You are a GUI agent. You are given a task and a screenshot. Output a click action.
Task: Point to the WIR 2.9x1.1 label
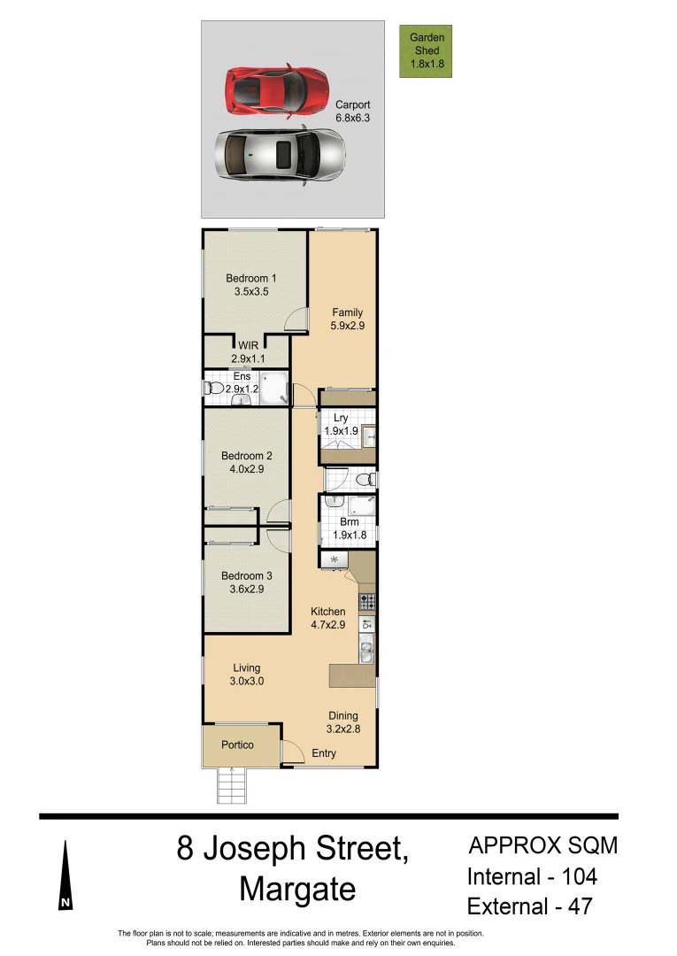pyautogui.click(x=248, y=352)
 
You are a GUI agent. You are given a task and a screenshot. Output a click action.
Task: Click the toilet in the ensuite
pyautogui.click(x=212, y=388)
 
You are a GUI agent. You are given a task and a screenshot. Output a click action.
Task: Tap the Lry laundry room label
pyautogui.click(x=341, y=424)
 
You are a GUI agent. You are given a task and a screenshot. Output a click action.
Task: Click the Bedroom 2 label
pyautogui.click(x=246, y=462)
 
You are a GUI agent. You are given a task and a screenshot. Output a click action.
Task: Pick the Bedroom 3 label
pyautogui.click(x=246, y=582)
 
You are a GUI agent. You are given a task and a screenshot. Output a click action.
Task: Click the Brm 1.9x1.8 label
pyautogui.click(x=348, y=528)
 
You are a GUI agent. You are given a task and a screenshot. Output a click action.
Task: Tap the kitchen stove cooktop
pyautogui.click(x=366, y=603)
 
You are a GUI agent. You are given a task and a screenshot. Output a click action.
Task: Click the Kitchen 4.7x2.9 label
pyautogui.click(x=327, y=618)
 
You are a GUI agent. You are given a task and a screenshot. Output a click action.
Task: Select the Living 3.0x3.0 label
pyautogui.click(x=246, y=675)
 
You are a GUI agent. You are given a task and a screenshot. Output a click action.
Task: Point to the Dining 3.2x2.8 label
pyautogui.click(x=343, y=722)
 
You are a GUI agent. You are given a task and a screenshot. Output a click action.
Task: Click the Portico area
pyautogui.click(x=237, y=745)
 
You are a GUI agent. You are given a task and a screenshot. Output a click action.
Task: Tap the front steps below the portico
pyautogui.click(x=230, y=785)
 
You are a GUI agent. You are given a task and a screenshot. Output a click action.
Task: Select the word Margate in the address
pyautogui.click(x=297, y=889)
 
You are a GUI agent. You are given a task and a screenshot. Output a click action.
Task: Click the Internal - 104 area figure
pyautogui.click(x=532, y=876)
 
